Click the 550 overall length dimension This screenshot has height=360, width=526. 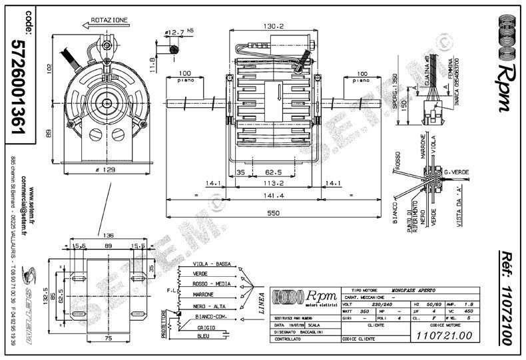coord(272,212)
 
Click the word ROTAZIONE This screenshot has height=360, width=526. coord(109,21)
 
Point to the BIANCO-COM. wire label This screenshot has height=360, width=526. coord(212,318)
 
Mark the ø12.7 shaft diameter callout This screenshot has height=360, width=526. coord(177,31)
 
